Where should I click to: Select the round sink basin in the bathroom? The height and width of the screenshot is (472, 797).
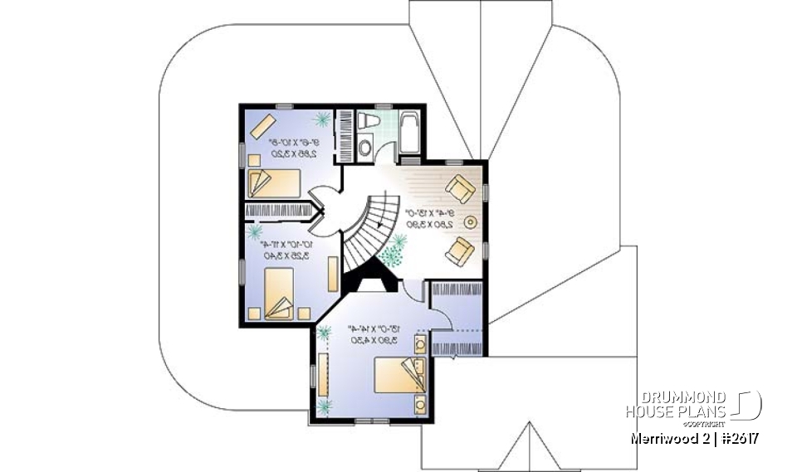365,149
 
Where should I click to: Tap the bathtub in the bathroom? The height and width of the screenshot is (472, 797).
408,131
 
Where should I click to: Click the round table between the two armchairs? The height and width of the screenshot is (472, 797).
470,221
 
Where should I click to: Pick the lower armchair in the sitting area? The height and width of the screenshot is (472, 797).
459,251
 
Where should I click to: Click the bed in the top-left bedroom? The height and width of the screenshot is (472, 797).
276,181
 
